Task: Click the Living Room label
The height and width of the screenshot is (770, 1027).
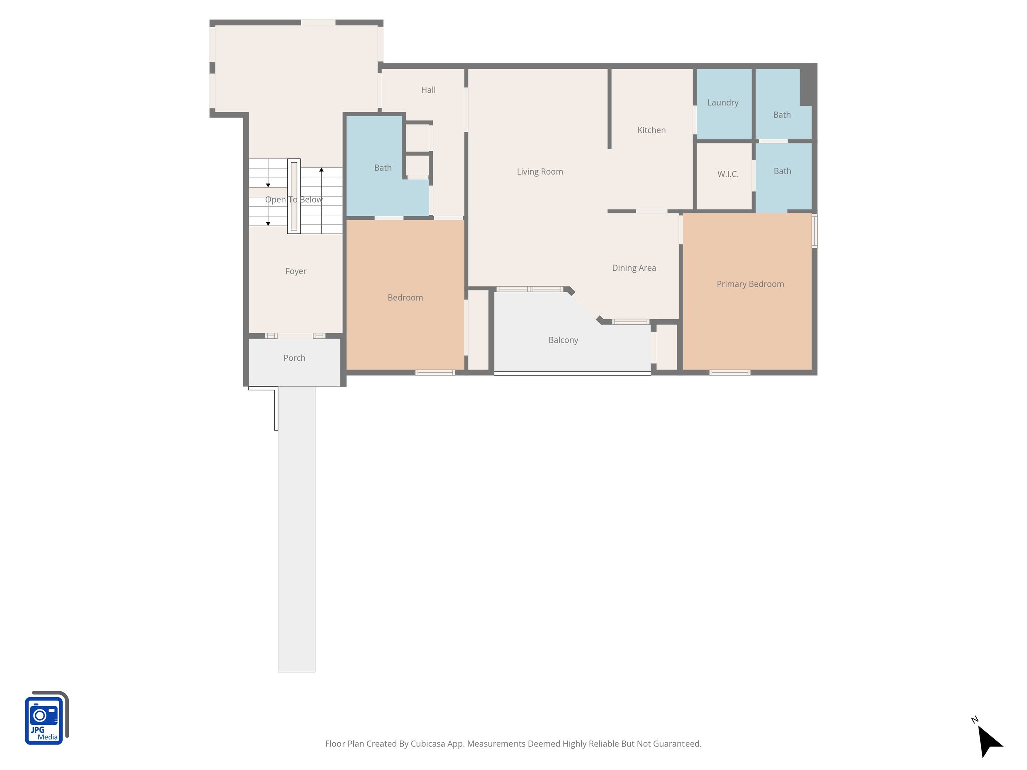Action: pos(540,172)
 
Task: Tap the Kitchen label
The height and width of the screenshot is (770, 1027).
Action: pos(651,130)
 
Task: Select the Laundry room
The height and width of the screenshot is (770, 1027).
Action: pos(723,103)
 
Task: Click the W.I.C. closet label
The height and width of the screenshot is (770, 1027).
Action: pos(728,174)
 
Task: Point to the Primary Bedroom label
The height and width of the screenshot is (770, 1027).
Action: pos(750,284)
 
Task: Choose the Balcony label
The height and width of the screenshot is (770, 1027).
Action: pos(563,340)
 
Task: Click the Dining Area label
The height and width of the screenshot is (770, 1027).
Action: pos(634,268)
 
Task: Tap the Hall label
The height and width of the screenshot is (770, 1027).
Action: pos(428,90)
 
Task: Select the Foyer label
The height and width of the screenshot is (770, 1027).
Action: pos(296,271)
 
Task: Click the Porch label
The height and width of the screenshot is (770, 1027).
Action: pos(294,358)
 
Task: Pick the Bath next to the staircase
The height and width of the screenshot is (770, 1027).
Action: pos(383,168)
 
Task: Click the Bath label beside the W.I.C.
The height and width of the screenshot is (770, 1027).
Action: pos(782,171)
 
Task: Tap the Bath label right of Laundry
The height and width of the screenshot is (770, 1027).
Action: pos(782,115)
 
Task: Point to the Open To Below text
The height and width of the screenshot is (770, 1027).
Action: pos(294,200)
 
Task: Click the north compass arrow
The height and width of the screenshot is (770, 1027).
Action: pos(989,741)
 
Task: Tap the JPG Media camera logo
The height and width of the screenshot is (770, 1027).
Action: pos(45,718)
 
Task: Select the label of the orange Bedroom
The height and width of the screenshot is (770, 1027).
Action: pos(405,298)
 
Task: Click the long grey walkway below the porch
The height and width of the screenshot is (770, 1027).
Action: pos(296,526)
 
